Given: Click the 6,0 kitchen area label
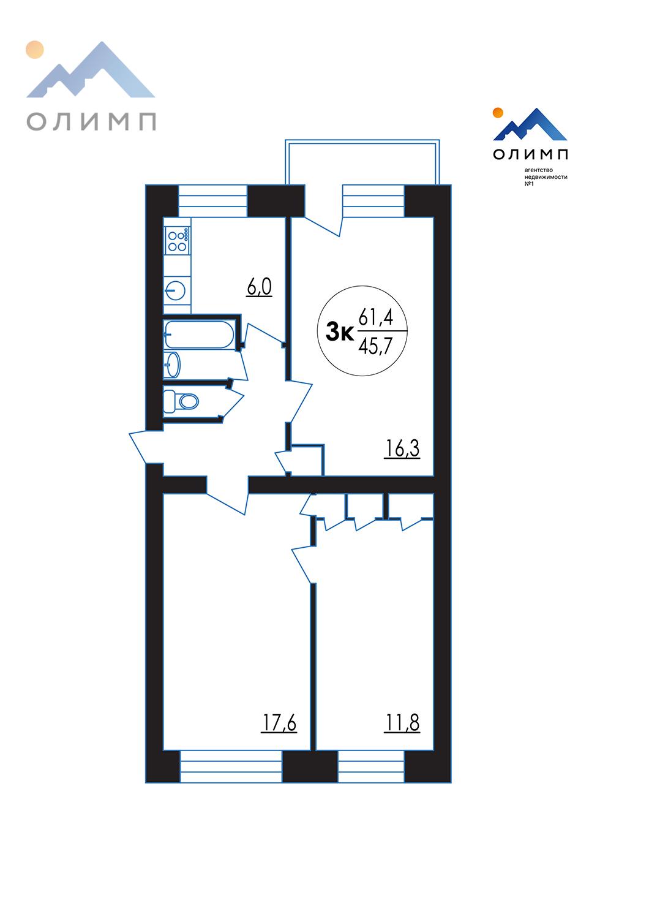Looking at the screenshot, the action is [x=260, y=287].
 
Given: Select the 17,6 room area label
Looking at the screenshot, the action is [x=279, y=722].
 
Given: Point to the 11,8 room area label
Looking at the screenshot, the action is [x=402, y=722].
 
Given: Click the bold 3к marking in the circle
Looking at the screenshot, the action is [x=340, y=332].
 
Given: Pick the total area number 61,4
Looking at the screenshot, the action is [x=376, y=317].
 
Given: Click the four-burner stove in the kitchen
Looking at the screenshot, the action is [x=178, y=240].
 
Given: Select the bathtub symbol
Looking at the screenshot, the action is [x=199, y=335].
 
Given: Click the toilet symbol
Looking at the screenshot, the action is [x=181, y=401].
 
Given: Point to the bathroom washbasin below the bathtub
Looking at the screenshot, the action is [x=172, y=365].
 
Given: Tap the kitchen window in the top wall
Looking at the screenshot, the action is [x=213, y=201].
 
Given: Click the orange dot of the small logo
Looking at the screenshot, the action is [x=498, y=112].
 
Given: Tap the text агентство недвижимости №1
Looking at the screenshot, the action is [x=546, y=176].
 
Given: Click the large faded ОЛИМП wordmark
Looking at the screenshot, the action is [x=91, y=121].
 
